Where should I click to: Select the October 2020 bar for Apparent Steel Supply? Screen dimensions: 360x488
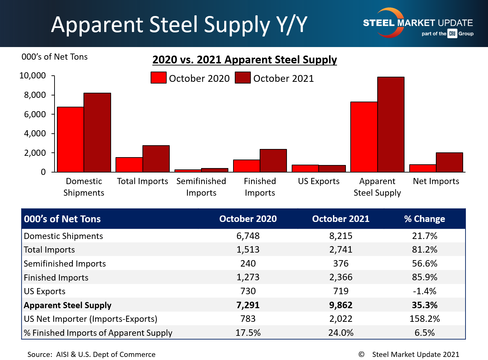pos(364,137)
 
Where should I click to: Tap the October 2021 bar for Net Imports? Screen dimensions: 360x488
pos(449,162)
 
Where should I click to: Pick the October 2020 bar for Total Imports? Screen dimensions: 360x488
pos(129,165)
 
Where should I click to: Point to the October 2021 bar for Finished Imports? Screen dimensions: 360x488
pos(273,161)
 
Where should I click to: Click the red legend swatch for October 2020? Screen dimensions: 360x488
pos(158,78)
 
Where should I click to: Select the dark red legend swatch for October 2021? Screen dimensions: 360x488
pos(243,78)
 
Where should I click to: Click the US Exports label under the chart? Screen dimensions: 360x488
pos(319,181)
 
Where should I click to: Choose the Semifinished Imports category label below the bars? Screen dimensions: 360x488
pos(201,187)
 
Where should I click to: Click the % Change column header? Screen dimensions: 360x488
pos(424,219)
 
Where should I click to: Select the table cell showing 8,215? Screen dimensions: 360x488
pos(341,236)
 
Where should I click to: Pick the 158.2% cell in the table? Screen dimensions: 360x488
pos(424,319)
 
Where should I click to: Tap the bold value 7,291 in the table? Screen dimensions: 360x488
pos(248,305)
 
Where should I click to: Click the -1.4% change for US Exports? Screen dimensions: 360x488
pos(424,291)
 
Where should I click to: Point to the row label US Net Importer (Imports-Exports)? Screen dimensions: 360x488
pos(91,319)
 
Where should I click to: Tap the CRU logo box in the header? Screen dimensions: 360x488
pos(452,33)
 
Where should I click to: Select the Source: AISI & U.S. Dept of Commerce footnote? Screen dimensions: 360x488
pos(91,354)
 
